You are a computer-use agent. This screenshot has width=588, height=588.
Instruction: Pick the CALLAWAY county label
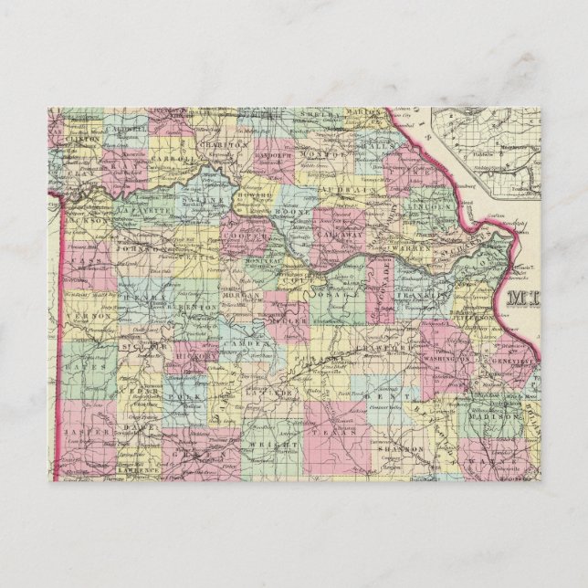[x=341, y=235]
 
